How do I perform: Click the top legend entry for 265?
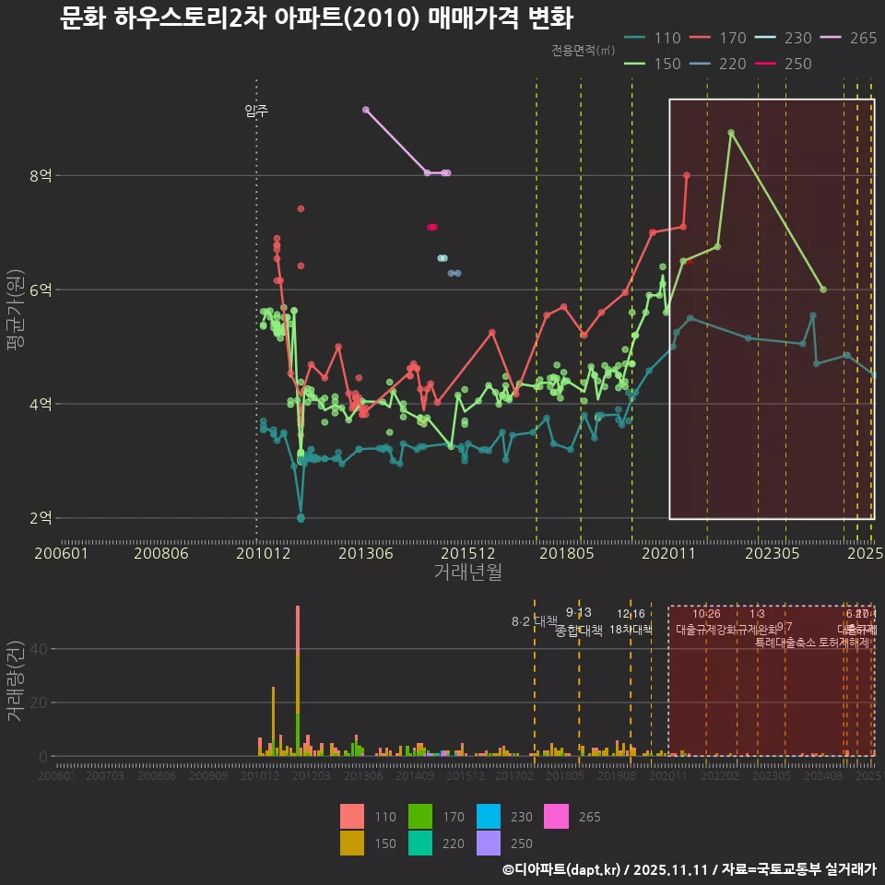[847, 38]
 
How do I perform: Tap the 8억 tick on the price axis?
[41, 175]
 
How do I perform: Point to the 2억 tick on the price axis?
[41, 518]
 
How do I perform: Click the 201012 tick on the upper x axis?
[257, 553]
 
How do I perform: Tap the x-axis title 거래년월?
[467, 572]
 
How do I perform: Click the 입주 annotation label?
[256, 111]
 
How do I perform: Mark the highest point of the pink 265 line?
[366, 109]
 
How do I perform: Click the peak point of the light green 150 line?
[731, 133]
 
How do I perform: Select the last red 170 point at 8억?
[687, 175]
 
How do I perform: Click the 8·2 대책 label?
[535, 620]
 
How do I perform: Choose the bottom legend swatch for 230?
[490, 817]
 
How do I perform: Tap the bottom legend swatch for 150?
[352, 843]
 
